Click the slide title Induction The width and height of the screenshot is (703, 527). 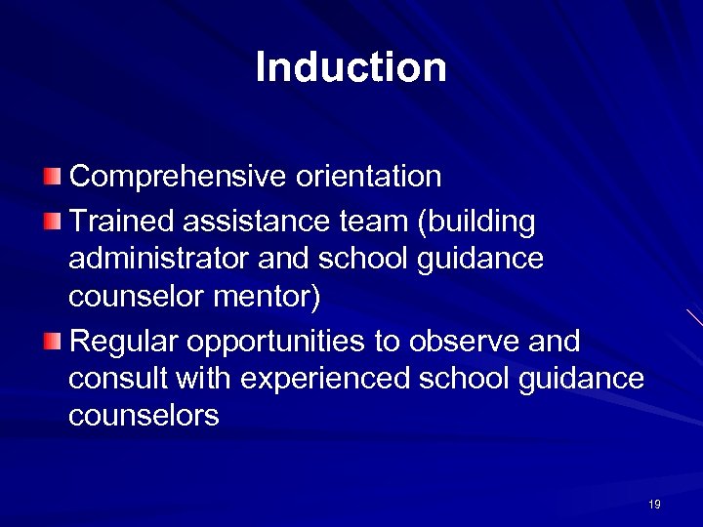tap(351, 67)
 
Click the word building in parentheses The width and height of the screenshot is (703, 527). tap(479, 223)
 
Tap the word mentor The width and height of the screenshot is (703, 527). tap(269, 297)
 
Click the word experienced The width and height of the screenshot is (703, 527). tap(324, 380)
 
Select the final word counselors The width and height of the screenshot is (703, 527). tap(144, 416)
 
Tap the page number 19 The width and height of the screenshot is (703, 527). tap(653, 505)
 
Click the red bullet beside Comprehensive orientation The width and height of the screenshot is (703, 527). tap(53, 177)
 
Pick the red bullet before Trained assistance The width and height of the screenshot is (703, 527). tap(53, 223)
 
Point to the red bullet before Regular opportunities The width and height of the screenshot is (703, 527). tap(53, 342)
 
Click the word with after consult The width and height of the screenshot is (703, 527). tap(202, 378)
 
